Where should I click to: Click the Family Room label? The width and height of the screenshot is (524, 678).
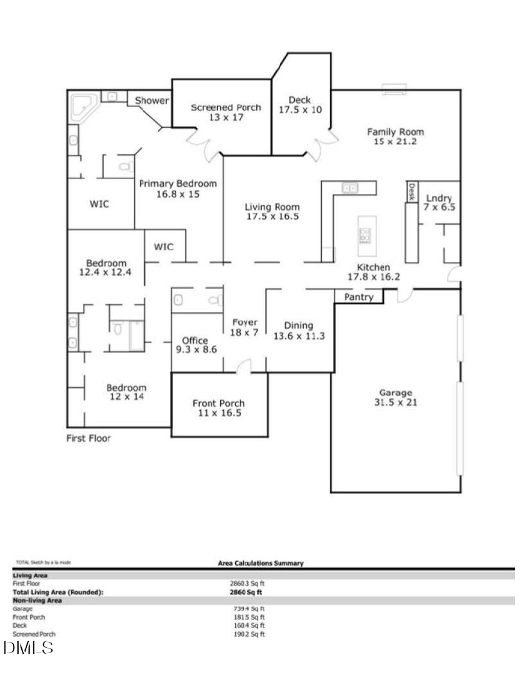tap(396, 132)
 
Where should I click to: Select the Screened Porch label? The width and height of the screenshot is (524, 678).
tap(226, 107)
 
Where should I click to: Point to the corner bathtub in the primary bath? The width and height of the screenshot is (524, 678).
tap(82, 107)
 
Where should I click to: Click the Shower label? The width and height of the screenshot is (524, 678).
tap(152, 101)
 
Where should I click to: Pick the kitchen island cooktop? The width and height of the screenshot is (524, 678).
tap(365, 236)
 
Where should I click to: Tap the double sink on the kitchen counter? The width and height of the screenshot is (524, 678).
tap(350, 188)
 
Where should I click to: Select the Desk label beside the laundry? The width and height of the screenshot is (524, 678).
tap(411, 191)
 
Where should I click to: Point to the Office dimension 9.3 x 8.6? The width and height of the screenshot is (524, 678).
tap(197, 350)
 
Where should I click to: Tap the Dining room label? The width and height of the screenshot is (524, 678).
tap(299, 326)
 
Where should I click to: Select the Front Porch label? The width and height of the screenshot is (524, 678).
tap(218, 403)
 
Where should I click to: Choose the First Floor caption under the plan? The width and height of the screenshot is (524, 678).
tap(89, 439)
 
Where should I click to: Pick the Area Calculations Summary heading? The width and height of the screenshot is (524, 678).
tap(261, 563)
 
